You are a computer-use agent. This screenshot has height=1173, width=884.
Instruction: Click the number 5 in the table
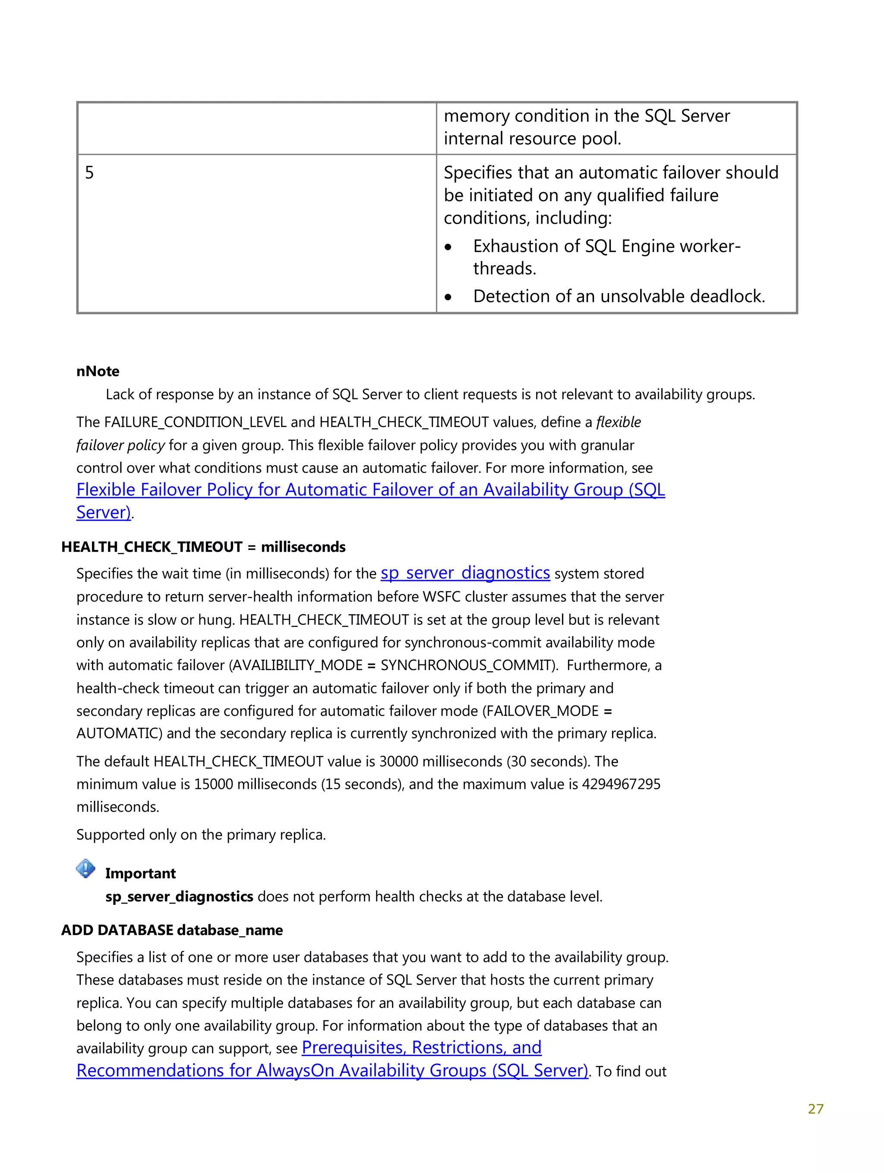89,173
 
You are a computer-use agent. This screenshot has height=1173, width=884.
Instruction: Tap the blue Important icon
85,869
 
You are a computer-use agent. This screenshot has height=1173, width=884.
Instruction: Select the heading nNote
98,371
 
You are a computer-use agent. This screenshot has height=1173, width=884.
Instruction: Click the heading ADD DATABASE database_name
172,930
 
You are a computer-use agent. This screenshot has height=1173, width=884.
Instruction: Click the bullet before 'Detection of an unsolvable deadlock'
448,297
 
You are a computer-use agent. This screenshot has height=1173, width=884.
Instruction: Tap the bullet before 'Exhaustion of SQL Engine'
448,247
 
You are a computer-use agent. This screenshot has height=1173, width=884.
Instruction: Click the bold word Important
140,873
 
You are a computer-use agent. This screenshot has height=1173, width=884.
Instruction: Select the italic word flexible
618,422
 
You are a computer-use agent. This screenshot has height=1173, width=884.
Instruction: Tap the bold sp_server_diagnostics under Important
179,897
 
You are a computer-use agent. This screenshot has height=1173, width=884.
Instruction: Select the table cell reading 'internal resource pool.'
532,139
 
